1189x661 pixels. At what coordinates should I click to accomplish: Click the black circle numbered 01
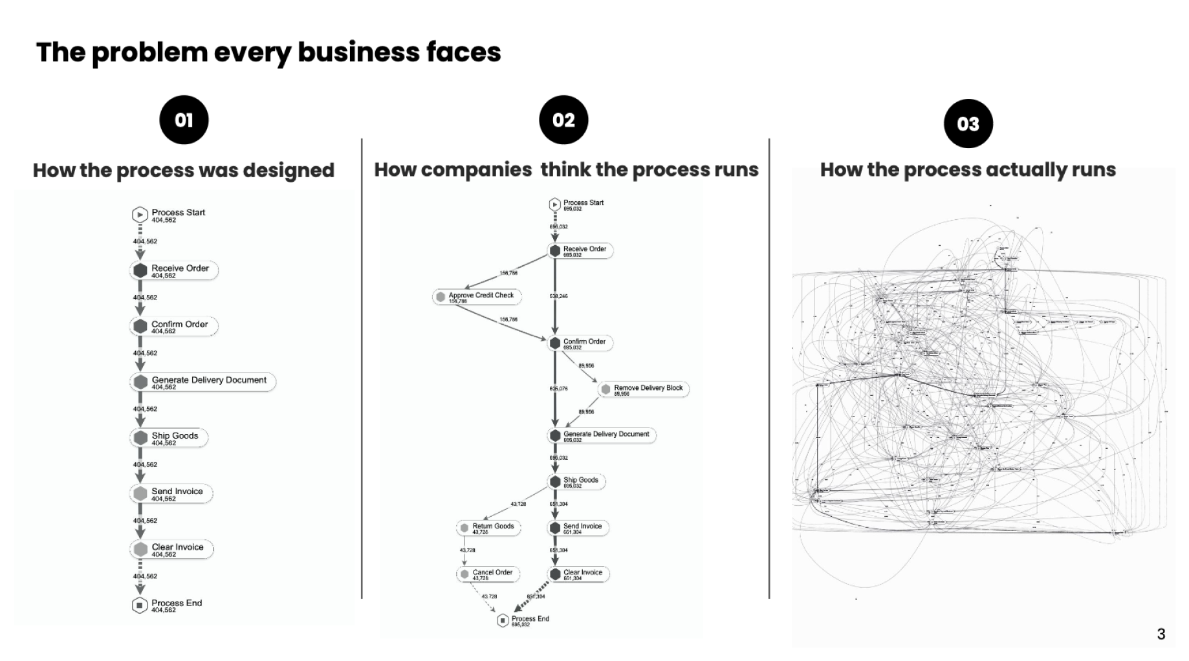click(x=184, y=120)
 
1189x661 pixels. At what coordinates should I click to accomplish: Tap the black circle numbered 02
click(x=563, y=120)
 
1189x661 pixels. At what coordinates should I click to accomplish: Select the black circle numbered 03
click(x=968, y=124)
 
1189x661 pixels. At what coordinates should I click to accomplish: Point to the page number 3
click(x=1161, y=634)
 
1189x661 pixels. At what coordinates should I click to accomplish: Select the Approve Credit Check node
click(x=477, y=297)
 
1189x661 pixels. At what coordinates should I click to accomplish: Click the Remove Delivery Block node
click(x=643, y=389)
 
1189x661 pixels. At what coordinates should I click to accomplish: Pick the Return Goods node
click(x=488, y=528)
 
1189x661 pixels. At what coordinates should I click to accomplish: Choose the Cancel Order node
click(x=488, y=574)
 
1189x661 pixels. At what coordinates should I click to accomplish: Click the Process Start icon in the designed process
click(x=140, y=215)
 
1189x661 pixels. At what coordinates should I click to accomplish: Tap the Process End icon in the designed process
click(x=140, y=605)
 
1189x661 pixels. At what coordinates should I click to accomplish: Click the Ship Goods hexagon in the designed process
click(x=140, y=438)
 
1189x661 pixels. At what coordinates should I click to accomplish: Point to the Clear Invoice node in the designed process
click(x=171, y=549)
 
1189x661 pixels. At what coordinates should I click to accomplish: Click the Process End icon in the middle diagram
click(x=503, y=621)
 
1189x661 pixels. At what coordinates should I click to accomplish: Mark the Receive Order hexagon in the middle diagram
click(x=554, y=251)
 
